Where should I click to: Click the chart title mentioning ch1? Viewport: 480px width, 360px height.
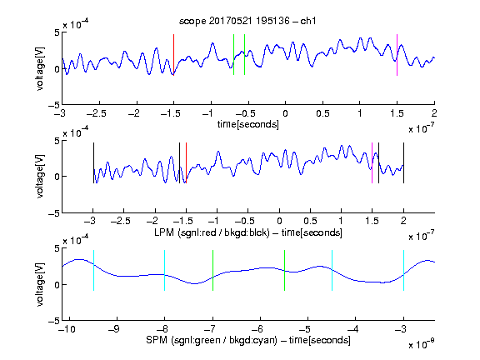[247, 21]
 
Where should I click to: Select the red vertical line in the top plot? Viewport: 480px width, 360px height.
[173, 55]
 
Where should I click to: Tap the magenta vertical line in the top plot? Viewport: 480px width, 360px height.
[397, 55]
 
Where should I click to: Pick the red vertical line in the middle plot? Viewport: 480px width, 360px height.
[186, 162]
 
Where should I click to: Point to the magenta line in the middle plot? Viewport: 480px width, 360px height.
[372, 162]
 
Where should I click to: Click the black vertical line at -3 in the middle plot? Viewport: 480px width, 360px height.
[93, 162]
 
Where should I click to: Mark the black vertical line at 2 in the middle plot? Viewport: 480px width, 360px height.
[403, 162]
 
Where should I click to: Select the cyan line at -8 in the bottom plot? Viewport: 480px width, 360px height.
[165, 270]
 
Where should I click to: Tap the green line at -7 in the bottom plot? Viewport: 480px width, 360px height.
[212, 270]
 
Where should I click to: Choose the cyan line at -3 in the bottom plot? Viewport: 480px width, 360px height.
[403, 270]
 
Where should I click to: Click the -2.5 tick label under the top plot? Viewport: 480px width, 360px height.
[97, 113]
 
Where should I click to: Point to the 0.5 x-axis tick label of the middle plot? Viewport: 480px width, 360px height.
[310, 221]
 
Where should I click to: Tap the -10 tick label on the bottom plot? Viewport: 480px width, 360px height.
[67, 329]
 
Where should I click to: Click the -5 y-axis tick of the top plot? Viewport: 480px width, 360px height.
[54, 105]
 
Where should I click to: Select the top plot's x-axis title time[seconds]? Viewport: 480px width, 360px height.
[248, 124]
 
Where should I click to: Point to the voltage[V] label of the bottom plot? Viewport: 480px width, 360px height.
[40, 284]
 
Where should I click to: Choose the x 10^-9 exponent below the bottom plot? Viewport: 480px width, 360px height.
[422, 344]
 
